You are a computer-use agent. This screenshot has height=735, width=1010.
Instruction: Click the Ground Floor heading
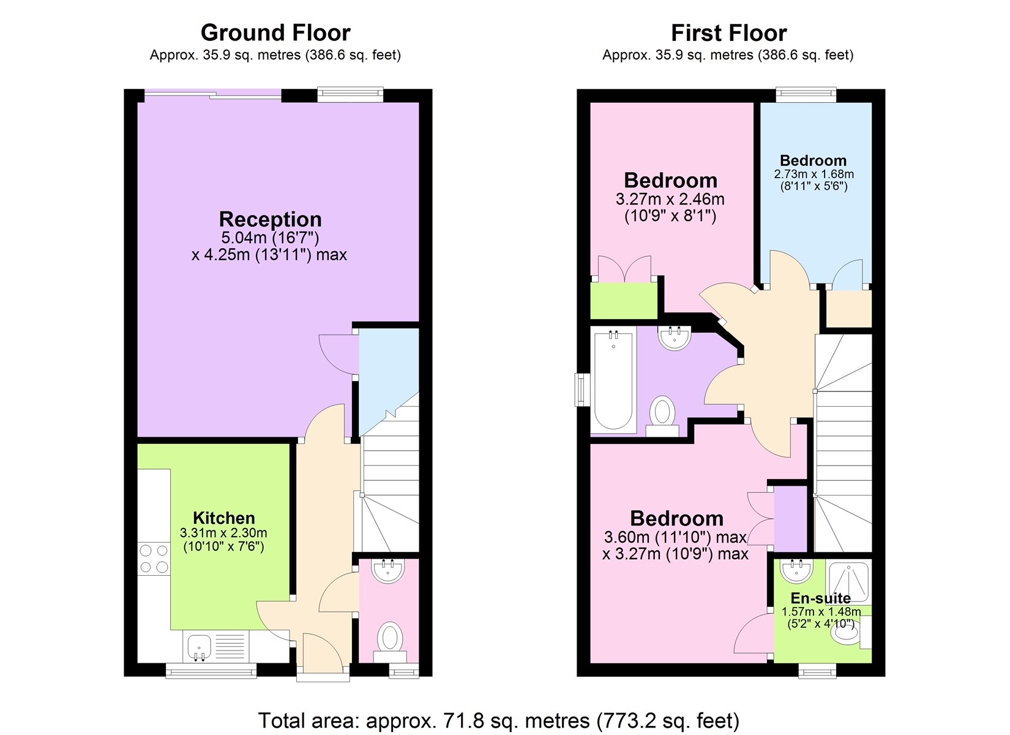[275, 32]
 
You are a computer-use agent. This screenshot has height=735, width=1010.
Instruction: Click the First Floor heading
[728, 32]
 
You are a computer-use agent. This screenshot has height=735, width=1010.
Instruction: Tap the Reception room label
[270, 219]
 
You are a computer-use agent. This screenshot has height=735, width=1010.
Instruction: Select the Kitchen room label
[223, 518]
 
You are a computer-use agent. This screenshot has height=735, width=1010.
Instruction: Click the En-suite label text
[820, 598]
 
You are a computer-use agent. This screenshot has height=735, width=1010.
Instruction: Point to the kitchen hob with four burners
[154, 559]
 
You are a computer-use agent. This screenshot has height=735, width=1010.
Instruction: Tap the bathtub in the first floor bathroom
[613, 380]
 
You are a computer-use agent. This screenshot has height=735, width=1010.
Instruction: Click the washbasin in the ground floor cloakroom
[388, 571]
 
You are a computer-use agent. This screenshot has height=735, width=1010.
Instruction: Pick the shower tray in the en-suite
[848, 581]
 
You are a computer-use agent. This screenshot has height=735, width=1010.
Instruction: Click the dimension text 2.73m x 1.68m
[814, 174]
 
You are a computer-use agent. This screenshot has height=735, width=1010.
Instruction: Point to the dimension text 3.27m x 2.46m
[670, 199]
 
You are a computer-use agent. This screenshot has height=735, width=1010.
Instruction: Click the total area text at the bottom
[498, 721]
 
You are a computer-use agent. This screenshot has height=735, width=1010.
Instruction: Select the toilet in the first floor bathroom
[662, 415]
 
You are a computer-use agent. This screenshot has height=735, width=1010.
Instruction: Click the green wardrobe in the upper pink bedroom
[624, 300]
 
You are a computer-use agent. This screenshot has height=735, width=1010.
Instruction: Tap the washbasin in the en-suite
[796, 571]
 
